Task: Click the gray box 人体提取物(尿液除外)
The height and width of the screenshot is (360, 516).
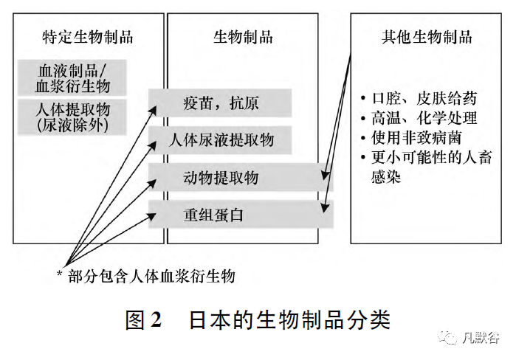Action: [x=72, y=117]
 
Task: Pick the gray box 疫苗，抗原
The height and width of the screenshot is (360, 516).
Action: [x=221, y=102]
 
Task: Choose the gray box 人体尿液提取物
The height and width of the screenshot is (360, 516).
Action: [x=221, y=139]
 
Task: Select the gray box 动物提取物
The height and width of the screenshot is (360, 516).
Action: [x=221, y=177]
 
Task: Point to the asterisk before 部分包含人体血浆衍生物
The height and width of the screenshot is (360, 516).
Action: [x=60, y=276]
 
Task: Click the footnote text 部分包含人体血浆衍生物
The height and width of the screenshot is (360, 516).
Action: [x=151, y=276]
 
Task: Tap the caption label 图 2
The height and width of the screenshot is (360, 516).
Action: [x=143, y=319]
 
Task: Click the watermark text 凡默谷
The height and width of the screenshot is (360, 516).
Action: [x=483, y=338]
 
